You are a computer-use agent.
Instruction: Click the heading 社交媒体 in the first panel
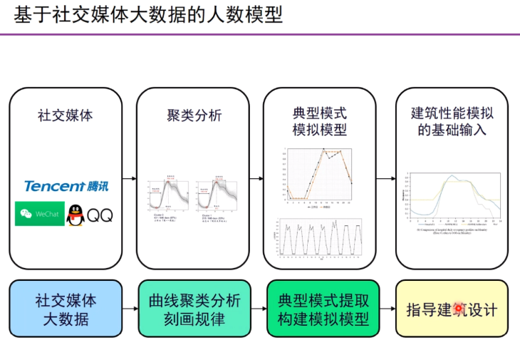[66, 115]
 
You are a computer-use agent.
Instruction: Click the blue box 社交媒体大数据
[66, 309]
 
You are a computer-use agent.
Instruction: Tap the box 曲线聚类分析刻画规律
[194, 309]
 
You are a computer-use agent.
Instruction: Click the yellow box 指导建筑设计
[452, 309]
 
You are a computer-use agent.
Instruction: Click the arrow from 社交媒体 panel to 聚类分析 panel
[129, 179]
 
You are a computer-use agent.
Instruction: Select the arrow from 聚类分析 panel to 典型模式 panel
[256, 179]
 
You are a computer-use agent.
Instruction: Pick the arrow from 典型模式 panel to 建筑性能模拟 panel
[385, 179]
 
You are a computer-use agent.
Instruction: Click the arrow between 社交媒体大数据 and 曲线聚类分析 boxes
[129, 309]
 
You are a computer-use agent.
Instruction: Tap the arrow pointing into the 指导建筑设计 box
[385, 309]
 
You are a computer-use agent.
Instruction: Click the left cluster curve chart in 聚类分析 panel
[167, 198]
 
